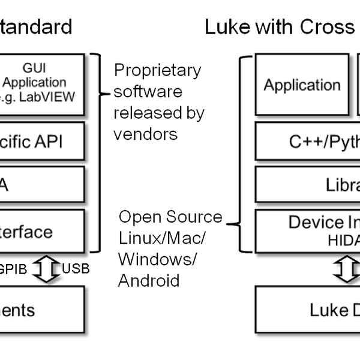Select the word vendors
(x=146, y=133)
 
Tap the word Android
(x=148, y=280)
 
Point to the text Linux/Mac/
(x=162, y=238)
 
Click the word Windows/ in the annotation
(x=157, y=259)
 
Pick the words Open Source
(x=170, y=217)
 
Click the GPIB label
(x=13, y=269)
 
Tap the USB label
(x=76, y=269)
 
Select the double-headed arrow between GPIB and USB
(x=45, y=269)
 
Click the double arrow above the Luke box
(x=347, y=269)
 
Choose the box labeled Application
(x=302, y=85)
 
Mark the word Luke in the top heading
(x=227, y=27)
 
